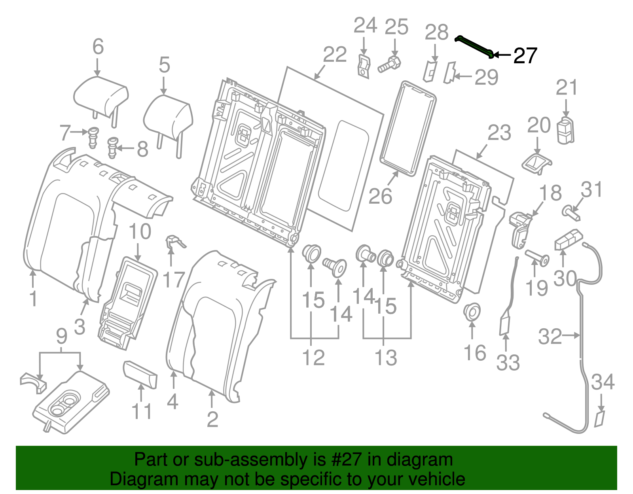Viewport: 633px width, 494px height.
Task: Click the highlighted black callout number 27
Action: tap(525, 56)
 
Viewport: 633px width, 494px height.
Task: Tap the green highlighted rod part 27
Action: tap(474, 45)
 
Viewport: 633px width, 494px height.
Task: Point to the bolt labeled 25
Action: tap(390, 64)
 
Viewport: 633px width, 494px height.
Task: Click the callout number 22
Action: tap(335, 55)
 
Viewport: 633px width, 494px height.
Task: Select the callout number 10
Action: tap(140, 232)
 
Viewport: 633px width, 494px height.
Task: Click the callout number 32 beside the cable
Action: tap(550, 337)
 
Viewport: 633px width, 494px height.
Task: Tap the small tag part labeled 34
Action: tap(600, 419)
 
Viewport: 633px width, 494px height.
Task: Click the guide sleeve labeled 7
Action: tap(93, 137)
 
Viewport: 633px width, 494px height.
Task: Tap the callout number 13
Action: tap(386, 358)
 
